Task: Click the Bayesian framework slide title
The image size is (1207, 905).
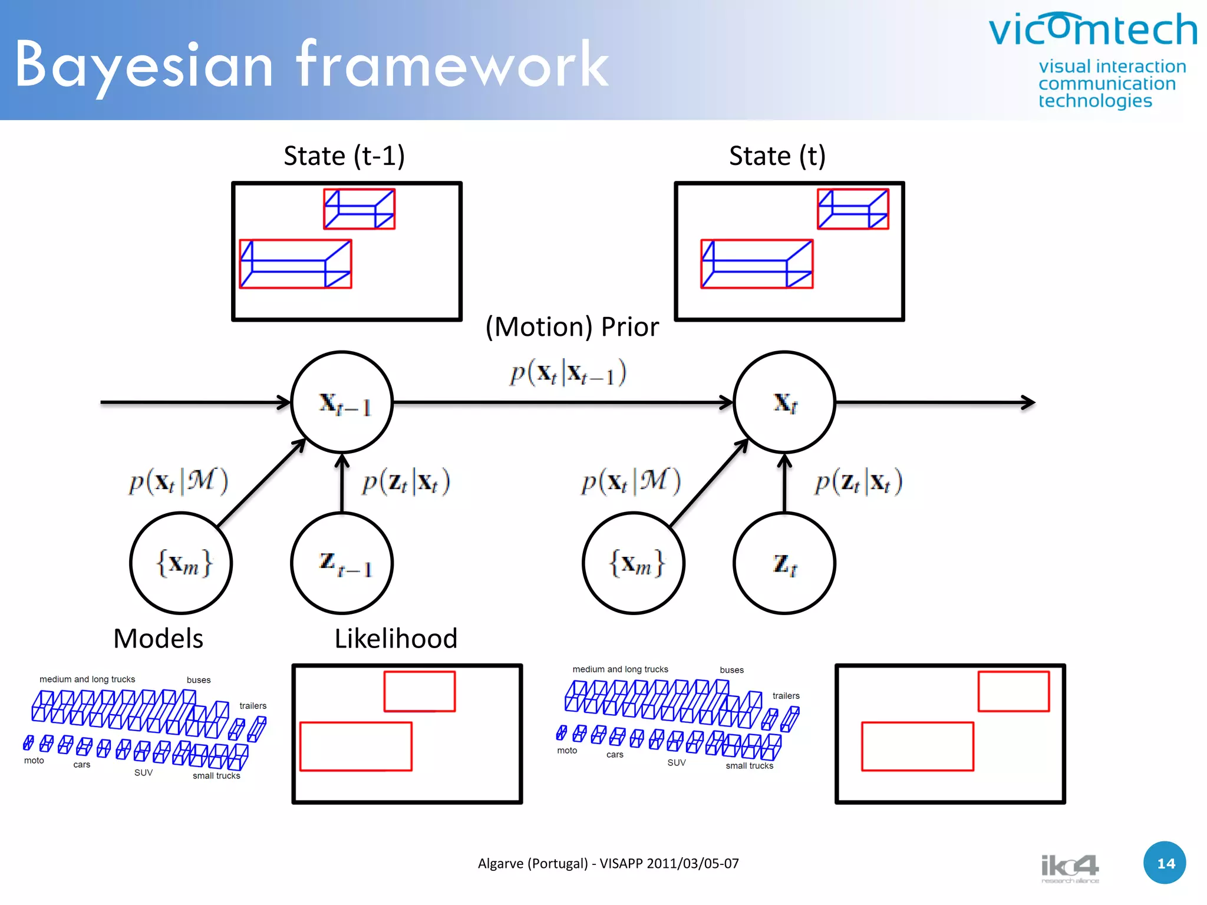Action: (x=311, y=65)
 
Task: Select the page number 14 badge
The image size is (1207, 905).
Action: (x=1165, y=863)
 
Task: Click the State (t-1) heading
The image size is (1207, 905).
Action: (x=344, y=156)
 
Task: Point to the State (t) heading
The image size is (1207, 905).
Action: (x=777, y=156)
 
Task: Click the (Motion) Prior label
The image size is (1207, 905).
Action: (x=572, y=327)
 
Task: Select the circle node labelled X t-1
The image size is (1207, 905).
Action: (x=342, y=402)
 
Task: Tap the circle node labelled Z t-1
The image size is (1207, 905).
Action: (x=342, y=563)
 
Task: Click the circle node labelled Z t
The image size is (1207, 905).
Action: (x=784, y=563)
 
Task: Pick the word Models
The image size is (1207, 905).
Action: (x=158, y=639)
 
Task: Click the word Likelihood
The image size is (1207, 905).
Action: (x=395, y=639)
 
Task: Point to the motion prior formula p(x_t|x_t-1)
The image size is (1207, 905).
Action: (x=568, y=373)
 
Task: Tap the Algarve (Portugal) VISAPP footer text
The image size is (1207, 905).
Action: (x=608, y=863)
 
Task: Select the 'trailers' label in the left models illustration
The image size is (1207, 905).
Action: (x=253, y=706)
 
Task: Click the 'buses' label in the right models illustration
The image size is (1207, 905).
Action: (x=731, y=670)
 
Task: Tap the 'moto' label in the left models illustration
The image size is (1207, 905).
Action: (x=34, y=761)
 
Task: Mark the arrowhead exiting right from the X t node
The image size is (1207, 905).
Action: (x=1029, y=402)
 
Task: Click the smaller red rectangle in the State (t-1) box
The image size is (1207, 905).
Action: (x=359, y=209)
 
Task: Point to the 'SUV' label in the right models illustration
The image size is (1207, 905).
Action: (x=677, y=762)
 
